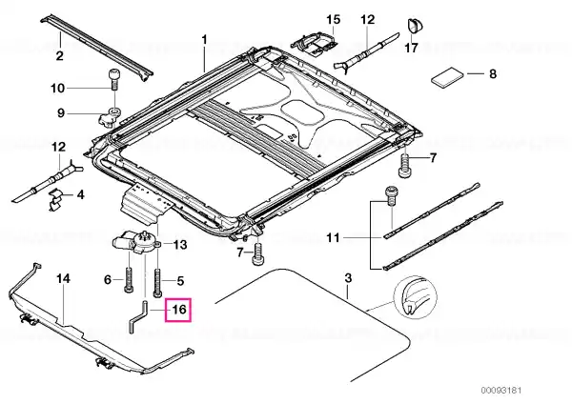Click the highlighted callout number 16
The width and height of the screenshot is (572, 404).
coord(178,310)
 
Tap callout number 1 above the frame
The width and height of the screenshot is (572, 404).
coord(204,39)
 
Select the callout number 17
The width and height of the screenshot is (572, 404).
coord(411,48)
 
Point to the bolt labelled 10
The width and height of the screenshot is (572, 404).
coord(114,79)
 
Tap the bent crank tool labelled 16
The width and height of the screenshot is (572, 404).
coord(138,316)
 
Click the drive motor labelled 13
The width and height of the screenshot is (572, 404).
coord(136,241)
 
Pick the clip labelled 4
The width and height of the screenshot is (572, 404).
coord(55,200)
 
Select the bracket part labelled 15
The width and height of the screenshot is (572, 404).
coord(314,42)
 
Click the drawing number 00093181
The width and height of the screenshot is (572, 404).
coord(500,390)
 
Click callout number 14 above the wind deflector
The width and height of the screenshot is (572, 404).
coord(63,279)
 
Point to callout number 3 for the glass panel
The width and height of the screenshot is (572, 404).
coord(348,278)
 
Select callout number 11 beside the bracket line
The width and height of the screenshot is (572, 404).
coord(333,238)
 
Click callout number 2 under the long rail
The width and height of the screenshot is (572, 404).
coord(59,56)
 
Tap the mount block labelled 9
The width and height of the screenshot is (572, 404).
coord(110,116)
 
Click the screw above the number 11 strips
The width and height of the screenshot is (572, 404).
coord(391,196)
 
